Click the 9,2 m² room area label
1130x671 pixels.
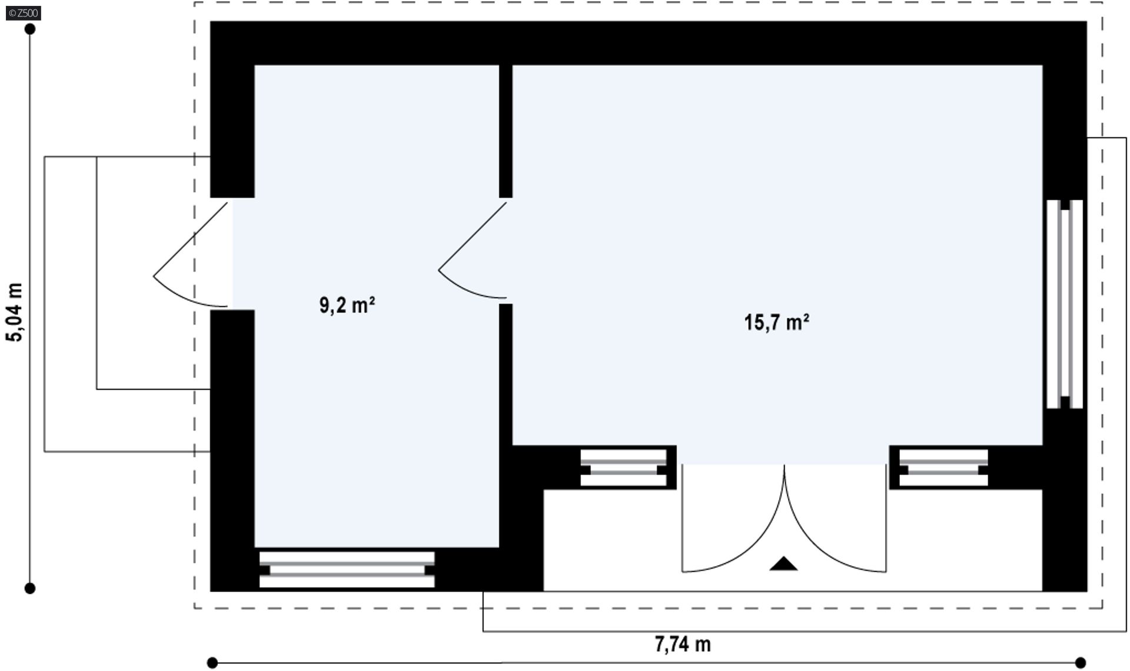(347, 305)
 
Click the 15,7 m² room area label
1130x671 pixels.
(776, 323)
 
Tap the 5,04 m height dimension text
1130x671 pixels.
(14, 312)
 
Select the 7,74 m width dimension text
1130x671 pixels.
(683, 644)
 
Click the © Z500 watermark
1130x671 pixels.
(24, 13)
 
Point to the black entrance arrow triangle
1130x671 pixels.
(783, 564)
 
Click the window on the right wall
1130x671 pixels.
(1065, 304)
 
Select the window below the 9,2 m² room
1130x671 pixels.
(347, 570)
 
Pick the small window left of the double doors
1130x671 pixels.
(623, 469)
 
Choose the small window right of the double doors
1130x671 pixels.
(943, 469)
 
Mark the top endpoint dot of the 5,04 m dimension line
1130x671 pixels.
(30, 29)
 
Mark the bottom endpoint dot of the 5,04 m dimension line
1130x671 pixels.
(30, 588)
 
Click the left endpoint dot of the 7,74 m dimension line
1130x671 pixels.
(212, 663)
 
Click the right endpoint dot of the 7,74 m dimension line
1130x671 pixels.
(1080, 663)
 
